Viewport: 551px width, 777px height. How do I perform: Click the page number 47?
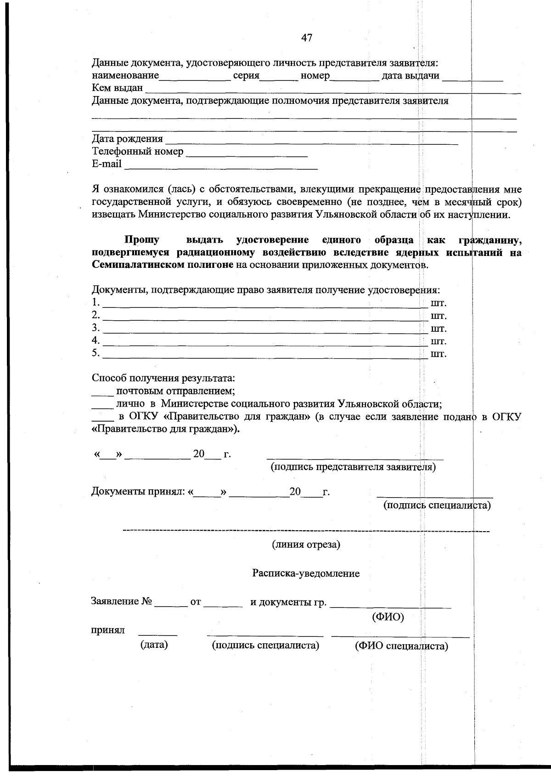pyautogui.click(x=307, y=38)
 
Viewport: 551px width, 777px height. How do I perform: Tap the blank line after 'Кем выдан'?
pyautogui.click(x=333, y=91)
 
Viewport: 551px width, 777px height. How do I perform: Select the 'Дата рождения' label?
pyautogui.click(x=127, y=139)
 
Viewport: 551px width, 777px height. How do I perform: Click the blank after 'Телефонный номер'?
pyautogui.click(x=247, y=154)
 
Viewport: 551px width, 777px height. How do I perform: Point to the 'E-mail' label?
pyautogui.click(x=107, y=164)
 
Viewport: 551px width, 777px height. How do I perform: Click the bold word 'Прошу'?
pyautogui.click(x=142, y=240)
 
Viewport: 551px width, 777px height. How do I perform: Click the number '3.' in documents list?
pyautogui.click(x=96, y=328)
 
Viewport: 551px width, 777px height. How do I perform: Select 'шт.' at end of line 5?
pyautogui.click(x=438, y=354)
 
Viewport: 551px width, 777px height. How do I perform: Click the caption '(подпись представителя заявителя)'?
pyautogui.click(x=353, y=467)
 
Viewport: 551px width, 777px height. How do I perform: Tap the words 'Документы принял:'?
pyautogui.click(x=138, y=492)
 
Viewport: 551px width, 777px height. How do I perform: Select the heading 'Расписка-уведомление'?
pyautogui.click(x=306, y=573)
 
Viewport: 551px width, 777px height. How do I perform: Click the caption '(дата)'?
pyautogui.click(x=154, y=645)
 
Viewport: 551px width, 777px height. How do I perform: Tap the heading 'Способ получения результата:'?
pyautogui.click(x=163, y=379)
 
